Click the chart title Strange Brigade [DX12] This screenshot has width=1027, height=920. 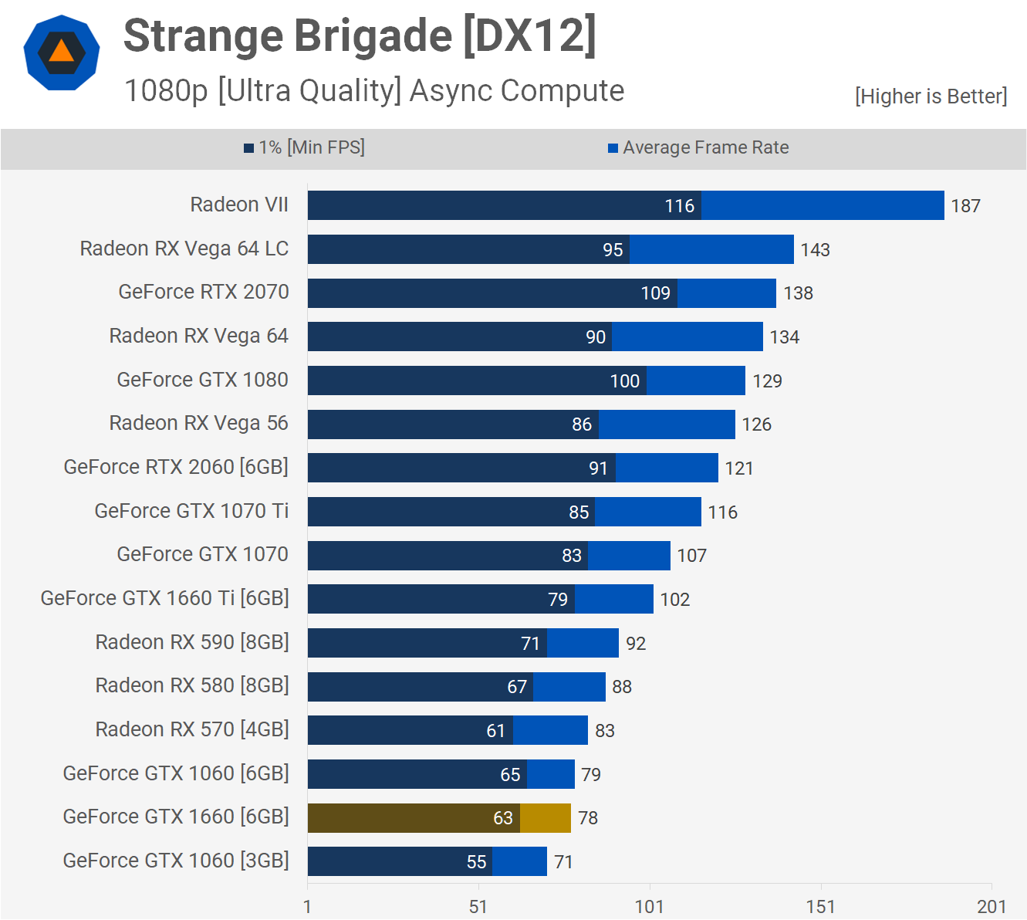pyautogui.click(x=360, y=36)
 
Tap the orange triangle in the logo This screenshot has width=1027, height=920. pyautogui.click(x=62, y=51)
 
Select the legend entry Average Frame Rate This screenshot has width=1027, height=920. pyautogui.click(x=698, y=147)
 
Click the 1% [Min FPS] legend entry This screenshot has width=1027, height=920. pyautogui.click(x=305, y=147)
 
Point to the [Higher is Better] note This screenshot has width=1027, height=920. pyautogui.click(x=931, y=96)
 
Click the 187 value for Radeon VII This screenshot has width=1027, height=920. pyautogui.click(x=965, y=206)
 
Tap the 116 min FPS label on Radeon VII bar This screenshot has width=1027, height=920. pyautogui.click(x=679, y=206)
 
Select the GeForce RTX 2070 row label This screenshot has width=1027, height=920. pyautogui.click(x=204, y=292)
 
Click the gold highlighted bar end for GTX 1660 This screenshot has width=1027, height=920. pyautogui.click(x=546, y=818)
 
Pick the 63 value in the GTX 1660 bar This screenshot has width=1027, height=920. pyautogui.click(x=503, y=818)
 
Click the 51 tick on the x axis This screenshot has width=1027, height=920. pyautogui.click(x=478, y=907)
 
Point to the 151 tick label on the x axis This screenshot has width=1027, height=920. pyautogui.click(x=820, y=907)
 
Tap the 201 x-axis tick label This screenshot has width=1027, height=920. pyautogui.click(x=992, y=907)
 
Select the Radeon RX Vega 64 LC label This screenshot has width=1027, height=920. pyautogui.click(x=184, y=249)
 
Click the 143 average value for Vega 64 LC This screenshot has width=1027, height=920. pyautogui.click(x=815, y=250)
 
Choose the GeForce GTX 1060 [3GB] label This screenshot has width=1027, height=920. pyautogui.click(x=176, y=861)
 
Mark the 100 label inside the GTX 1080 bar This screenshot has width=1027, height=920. pyautogui.click(x=624, y=381)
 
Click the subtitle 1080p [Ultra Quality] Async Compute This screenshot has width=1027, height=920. pyautogui.click(x=374, y=91)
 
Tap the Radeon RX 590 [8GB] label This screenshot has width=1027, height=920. pyautogui.click(x=192, y=642)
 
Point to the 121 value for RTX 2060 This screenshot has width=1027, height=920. pyautogui.click(x=739, y=468)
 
